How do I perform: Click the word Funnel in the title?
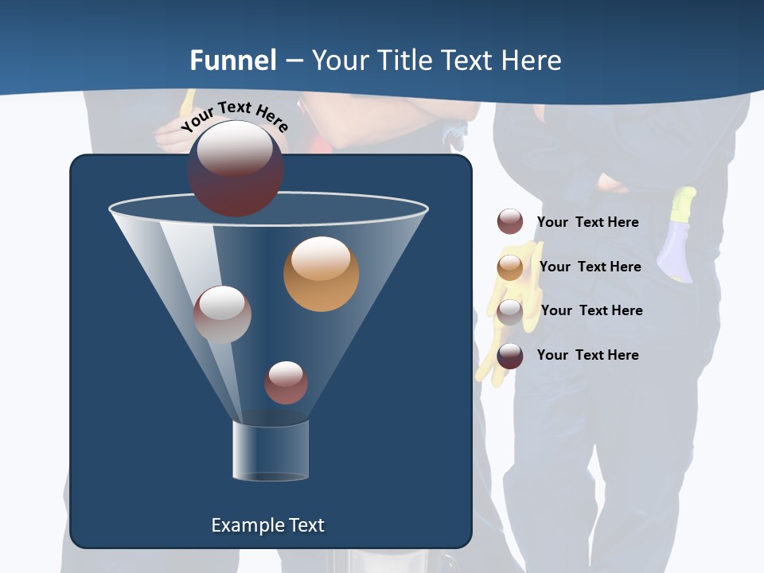click(x=232, y=60)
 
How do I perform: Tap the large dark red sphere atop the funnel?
click(x=236, y=169)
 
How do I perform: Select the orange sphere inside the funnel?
click(x=321, y=274)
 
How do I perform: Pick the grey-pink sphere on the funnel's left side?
click(x=222, y=314)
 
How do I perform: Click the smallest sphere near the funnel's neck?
click(x=286, y=383)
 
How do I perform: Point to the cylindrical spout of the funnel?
click(x=270, y=450)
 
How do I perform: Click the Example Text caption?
click(x=267, y=525)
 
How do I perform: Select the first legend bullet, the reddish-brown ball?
click(x=510, y=222)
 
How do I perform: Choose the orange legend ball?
click(x=510, y=267)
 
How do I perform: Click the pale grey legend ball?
click(x=510, y=312)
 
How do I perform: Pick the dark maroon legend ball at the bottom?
click(x=510, y=356)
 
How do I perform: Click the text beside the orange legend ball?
click(x=590, y=267)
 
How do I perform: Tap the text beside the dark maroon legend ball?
click(x=587, y=355)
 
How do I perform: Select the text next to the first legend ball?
click(x=587, y=222)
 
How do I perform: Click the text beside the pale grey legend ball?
click(x=591, y=310)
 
